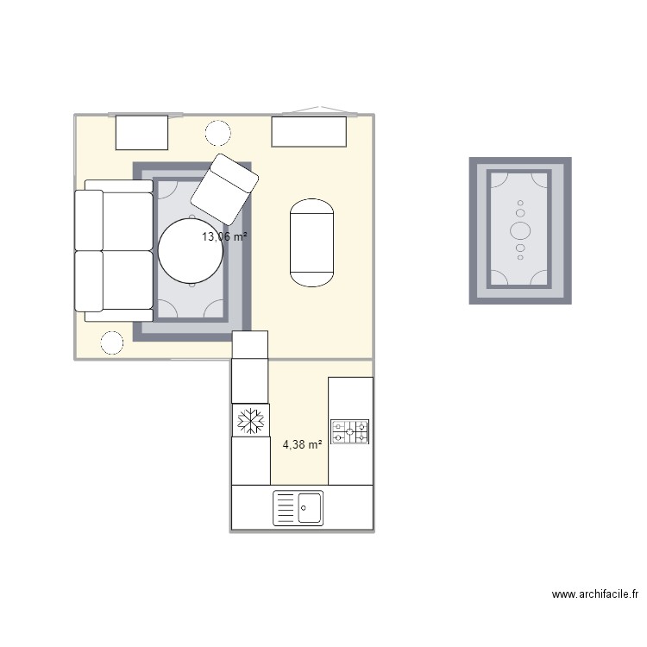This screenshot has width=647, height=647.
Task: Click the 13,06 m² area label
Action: (225, 236)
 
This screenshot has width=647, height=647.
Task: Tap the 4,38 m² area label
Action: (302, 445)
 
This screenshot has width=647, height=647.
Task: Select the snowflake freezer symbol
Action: (250, 421)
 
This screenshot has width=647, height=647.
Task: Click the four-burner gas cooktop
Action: (350, 431)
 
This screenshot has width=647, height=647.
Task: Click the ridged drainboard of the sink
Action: (286, 508)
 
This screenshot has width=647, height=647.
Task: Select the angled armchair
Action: (224, 188)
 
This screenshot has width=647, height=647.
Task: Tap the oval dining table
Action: (311, 242)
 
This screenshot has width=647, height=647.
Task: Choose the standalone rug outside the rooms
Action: (520, 230)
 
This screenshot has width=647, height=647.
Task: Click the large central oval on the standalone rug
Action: (520, 230)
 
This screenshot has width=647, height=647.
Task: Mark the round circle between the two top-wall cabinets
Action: (217, 134)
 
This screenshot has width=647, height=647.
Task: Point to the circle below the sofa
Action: (112, 343)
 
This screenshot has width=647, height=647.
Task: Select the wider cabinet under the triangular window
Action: (309, 132)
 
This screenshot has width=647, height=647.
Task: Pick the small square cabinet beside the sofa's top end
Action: (141, 132)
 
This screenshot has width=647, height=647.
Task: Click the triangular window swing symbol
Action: (320, 110)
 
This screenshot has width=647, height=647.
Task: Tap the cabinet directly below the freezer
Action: (251, 462)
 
